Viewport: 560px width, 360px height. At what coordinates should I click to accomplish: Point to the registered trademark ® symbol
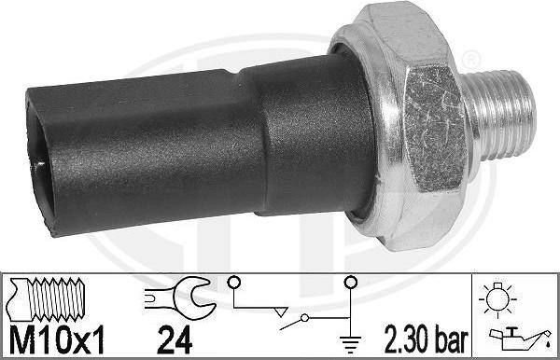[x=473, y=62]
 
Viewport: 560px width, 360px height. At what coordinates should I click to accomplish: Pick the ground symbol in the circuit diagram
[x=351, y=340]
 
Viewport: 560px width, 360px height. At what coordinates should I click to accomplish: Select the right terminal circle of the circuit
[x=351, y=282]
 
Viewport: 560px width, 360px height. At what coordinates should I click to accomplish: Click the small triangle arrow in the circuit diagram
[x=276, y=306]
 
